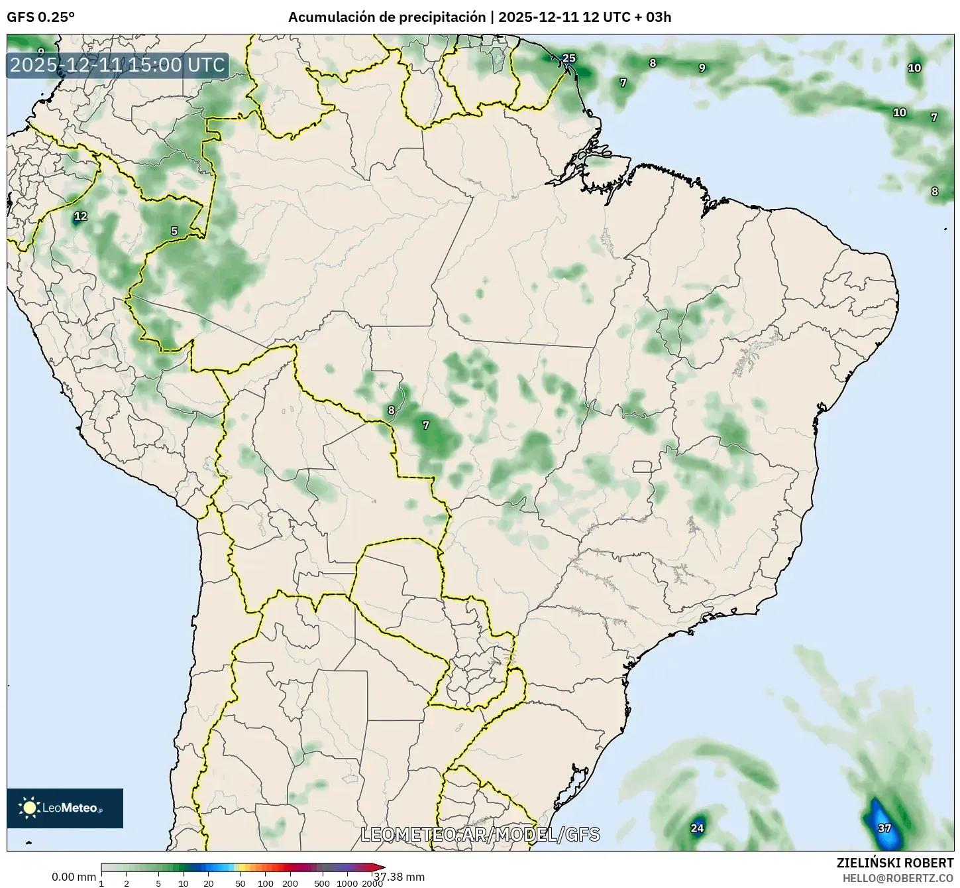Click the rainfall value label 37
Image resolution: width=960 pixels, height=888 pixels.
point(884,828)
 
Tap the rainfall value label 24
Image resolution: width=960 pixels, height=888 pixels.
point(697,828)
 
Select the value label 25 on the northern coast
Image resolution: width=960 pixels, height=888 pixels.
point(568,58)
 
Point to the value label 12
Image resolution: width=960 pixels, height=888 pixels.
point(80,216)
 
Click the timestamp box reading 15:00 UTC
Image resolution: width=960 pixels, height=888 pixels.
point(117,65)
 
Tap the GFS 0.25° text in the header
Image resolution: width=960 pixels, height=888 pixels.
point(40,18)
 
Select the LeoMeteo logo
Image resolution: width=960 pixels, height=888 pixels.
point(65,808)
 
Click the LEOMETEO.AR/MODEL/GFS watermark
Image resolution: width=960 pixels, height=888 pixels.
point(480,834)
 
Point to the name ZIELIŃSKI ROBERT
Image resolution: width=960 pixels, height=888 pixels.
point(895,863)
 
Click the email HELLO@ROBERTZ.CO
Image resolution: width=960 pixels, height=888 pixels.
point(898,877)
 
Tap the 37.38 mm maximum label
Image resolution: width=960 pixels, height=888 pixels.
point(399,877)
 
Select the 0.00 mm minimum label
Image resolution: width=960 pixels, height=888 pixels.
point(74,877)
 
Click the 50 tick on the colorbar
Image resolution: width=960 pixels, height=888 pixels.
point(240,883)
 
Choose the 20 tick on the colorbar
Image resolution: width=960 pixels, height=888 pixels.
point(208,883)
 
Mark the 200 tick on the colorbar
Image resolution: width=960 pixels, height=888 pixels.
point(290,883)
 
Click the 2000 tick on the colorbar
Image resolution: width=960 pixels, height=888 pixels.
point(372,883)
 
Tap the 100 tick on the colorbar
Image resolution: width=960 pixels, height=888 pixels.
point(265,883)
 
